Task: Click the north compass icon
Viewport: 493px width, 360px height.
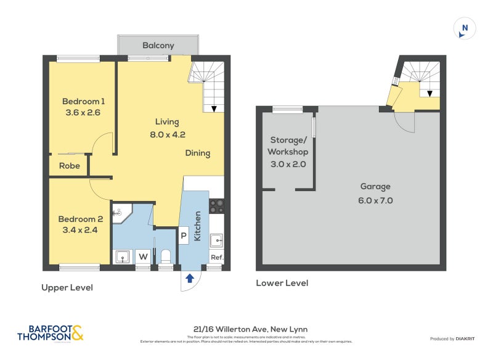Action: [x=465, y=28]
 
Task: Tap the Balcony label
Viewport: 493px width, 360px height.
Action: [x=158, y=46]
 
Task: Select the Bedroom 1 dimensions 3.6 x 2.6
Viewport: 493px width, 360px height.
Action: [x=83, y=113]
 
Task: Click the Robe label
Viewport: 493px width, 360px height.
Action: [x=69, y=166]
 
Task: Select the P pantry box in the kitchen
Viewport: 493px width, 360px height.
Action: [x=184, y=234]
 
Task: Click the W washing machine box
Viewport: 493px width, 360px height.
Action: [x=143, y=256]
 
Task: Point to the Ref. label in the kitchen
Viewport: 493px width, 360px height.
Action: [x=216, y=258]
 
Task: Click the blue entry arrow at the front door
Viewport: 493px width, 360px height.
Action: [x=190, y=278]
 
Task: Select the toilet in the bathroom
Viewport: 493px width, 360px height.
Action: [x=165, y=256]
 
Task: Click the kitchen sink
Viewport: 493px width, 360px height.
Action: [x=216, y=240]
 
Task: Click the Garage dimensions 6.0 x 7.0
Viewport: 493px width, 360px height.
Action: [x=376, y=200]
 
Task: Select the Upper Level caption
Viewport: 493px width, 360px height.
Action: [x=67, y=288]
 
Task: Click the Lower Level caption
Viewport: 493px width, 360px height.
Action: [x=282, y=283]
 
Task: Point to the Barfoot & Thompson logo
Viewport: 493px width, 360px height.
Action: [x=51, y=333]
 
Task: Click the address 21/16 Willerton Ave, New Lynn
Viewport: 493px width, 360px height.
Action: [x=246, y=329]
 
